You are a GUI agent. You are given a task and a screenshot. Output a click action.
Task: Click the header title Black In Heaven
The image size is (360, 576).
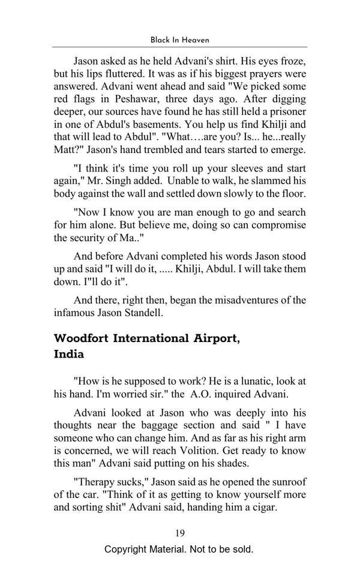[x=179, y=40]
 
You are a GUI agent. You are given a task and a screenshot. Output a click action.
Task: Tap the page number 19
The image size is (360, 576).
[x=180, y=533]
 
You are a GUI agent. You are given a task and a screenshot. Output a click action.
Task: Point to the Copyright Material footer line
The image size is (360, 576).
[x=179, y=549]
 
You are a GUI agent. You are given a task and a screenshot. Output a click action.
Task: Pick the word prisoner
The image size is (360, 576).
[x=284, y=112]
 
